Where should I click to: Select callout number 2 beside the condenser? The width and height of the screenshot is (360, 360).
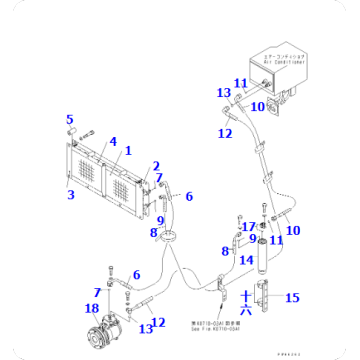(x=155, y=166)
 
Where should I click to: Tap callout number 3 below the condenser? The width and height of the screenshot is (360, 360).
(x=70, y=194)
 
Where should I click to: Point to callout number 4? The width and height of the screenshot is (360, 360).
(x=112, y=142)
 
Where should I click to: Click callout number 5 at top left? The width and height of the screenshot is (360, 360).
(x=70, y=120)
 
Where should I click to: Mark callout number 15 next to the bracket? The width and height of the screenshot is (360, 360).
(x=293, y=298)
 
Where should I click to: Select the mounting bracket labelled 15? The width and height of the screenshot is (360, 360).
(x=263, y=298)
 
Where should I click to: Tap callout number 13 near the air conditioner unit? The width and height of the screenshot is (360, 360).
(x=223, y=93)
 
